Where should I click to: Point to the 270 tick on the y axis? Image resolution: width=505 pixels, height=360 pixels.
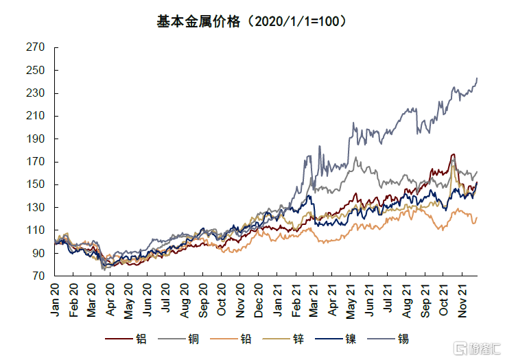36,47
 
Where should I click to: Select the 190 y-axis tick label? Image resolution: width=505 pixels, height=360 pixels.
36,139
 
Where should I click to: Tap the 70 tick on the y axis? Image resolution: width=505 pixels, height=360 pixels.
38,276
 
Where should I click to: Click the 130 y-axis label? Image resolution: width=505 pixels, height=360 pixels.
36,207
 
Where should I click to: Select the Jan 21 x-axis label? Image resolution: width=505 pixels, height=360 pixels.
278,299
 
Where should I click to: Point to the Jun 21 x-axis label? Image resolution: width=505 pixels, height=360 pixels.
370,299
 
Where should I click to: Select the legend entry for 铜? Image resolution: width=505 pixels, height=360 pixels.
189,339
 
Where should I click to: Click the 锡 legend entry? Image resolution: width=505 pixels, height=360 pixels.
402,339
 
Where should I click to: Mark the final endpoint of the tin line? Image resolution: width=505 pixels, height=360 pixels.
477,78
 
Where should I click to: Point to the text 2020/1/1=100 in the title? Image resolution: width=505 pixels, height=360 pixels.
296,21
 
